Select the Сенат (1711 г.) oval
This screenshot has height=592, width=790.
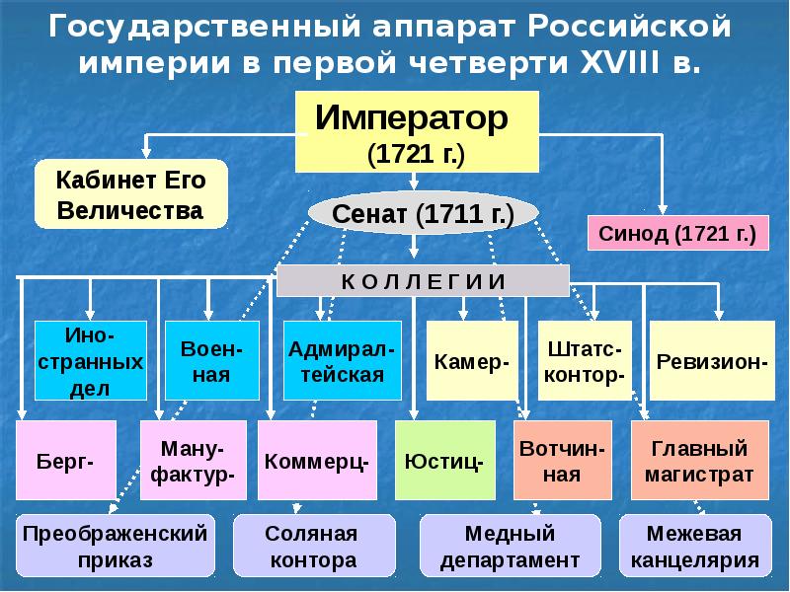423,214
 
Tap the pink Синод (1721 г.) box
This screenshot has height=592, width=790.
677,234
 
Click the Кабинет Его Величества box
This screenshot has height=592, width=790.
130,194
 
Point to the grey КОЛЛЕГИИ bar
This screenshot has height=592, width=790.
423,280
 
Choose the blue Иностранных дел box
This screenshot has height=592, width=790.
90,360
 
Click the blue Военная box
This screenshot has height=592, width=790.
205,360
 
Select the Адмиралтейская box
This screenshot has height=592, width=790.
343,360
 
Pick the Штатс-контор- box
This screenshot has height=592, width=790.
585,360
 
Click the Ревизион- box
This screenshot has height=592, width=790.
712,360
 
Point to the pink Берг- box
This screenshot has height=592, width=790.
66,460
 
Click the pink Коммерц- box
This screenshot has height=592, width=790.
317,460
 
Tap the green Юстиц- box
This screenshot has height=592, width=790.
444,460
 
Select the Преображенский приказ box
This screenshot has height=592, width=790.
118,547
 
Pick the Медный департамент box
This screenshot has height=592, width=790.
511,547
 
